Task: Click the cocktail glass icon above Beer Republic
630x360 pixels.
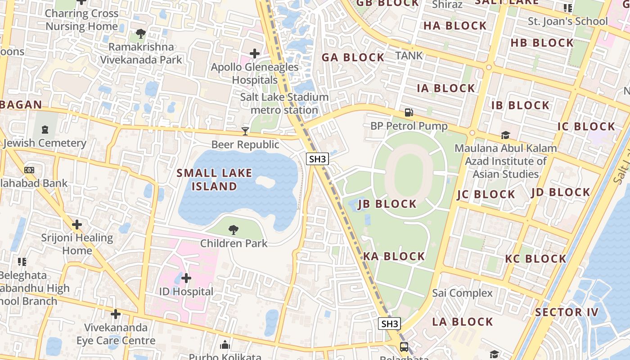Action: [x=245, y=131]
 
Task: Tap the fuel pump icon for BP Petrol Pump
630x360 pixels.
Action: [x=409, y=112]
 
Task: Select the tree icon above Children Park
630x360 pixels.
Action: [x=233, y=230]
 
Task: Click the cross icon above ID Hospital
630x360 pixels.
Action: [x=186, y=278]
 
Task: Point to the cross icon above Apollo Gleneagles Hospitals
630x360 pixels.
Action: [x=255, y=54]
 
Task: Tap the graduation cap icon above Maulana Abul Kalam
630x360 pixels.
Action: [x=505, y=135]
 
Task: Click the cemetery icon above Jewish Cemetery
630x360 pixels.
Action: [x=45, y=130]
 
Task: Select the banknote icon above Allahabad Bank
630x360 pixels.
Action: [x=29, y=170]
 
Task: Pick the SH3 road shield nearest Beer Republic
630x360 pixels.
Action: [x=318, y=159]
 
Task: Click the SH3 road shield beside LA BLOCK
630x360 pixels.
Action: [x=389, y=324]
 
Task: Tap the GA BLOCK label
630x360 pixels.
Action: [x=353, y=57]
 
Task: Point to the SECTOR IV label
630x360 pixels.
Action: [x=567, y=312]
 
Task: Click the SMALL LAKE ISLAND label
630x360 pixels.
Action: [x=214, y=180]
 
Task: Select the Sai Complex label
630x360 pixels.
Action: [x=463, y=293]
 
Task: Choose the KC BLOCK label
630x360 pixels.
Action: [x=535, y=259]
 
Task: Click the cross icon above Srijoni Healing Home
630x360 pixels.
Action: [x=77, y=224]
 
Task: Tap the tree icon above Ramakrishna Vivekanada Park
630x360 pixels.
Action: [x=140, y=33]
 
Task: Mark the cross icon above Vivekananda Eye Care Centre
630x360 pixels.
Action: [x=116, y=314]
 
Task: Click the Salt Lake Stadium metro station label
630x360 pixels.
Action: [x=284, y=103]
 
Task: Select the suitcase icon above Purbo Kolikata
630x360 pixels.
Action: [x=225, y=345]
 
